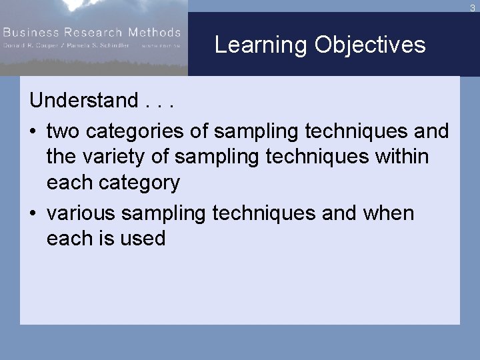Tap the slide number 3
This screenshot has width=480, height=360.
point(472,8)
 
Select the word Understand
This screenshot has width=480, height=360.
point(83,101)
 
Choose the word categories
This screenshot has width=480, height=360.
point(135,132)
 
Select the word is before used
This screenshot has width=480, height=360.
point(107,239)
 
